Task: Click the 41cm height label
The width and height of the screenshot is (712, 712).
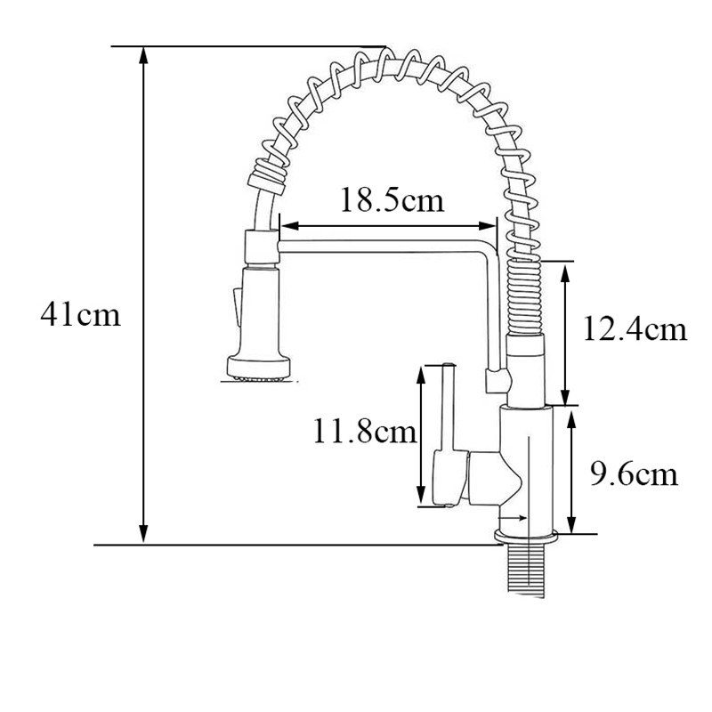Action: [x=80, y=314]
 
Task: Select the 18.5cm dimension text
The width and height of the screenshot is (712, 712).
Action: [x=392, y=200]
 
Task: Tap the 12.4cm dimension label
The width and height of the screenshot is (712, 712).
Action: [x=635, y=328]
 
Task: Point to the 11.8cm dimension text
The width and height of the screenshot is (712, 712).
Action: [x=365, y=431]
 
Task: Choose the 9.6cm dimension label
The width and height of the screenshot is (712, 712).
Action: [x=634, y=474]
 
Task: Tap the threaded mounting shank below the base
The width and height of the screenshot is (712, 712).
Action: [x=524, y=570]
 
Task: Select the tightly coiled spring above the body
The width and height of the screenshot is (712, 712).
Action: [x=524, y=296]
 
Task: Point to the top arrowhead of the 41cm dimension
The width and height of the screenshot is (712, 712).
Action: [x=143, y=55]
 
